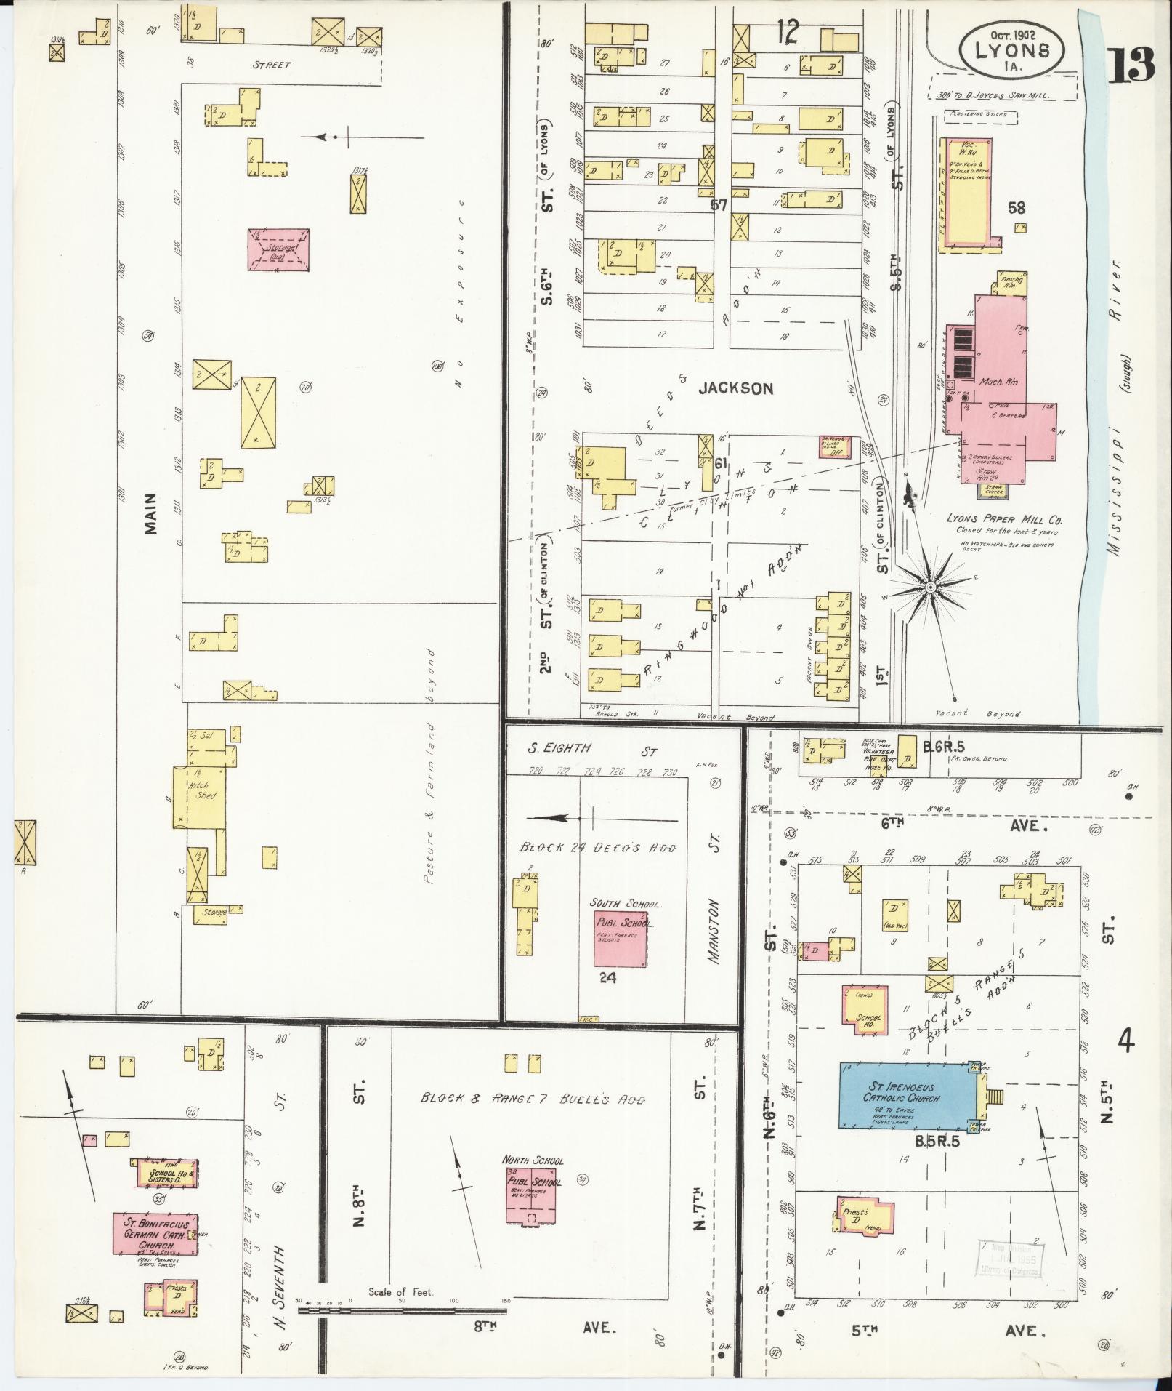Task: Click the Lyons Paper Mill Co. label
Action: point(1005,520)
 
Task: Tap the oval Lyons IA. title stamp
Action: point(1011,49)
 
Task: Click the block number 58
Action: point(1016,209)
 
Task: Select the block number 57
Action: point(719,206)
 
